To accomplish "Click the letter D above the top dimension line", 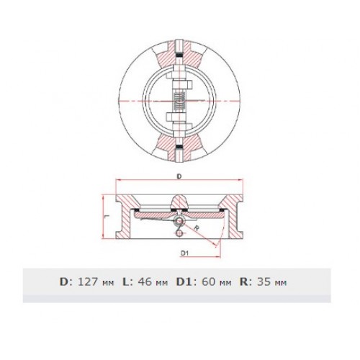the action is click(x=179, y=176).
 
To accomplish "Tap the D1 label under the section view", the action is click(x=185, y=253).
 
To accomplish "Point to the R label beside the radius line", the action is click(x=197, y=228).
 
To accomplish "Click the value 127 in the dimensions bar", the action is click(x=88, y=282).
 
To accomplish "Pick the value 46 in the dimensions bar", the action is click(x=145, y=282).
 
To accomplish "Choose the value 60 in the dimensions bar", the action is click(x=209, y=282).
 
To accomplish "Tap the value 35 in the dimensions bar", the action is click(x=264, y=282).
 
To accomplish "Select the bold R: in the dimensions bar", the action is click(x=246, y=282).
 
